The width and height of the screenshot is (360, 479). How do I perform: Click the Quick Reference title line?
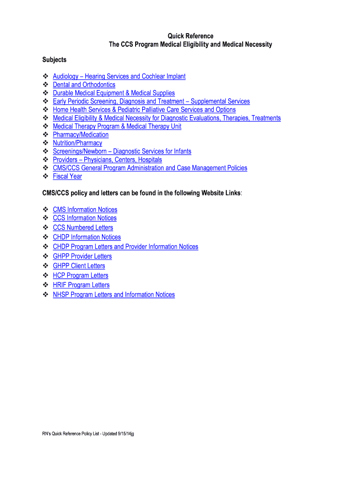point(190,36)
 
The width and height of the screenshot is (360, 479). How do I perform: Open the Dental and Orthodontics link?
point(84,85)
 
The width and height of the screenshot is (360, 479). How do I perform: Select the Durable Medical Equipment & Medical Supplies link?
point(114,93)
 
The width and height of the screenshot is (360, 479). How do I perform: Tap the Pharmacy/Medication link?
point(80,135)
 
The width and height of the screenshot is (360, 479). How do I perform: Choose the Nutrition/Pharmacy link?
point(77,143)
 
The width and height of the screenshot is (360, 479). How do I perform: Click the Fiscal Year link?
point(67,176)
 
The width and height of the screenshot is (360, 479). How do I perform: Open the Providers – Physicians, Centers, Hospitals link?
point(107,160)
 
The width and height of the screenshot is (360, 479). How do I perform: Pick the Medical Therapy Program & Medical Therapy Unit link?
point(117,126)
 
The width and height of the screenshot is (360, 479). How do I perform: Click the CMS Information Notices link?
point(85,210)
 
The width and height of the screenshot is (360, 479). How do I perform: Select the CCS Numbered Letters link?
point(83,227)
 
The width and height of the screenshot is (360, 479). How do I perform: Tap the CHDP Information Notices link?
point(86,237)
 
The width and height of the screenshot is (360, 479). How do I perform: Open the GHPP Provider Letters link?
point(82,256)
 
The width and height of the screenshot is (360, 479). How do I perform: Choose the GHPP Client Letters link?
point(79,266)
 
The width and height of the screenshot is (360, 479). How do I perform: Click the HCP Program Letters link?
point(80,276)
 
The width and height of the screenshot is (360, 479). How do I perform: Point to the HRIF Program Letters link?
point(81,285)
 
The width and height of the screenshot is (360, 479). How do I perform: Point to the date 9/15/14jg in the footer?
point(124,434)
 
